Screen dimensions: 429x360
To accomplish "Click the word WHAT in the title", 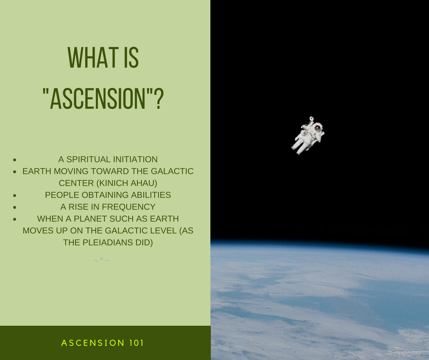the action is (x=93, y=58).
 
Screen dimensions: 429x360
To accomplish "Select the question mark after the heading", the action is (x=159, y=99).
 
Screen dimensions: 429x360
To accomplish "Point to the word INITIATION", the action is (x=135, y=159).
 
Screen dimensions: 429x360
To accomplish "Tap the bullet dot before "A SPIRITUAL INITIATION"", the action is (x=15, y=159).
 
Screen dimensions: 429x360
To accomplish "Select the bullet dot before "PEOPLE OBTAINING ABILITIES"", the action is (x=15, y=195).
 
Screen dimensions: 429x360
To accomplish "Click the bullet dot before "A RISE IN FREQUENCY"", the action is (x=15, y=207).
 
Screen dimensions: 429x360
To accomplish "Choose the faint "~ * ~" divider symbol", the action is (x=101, y=260).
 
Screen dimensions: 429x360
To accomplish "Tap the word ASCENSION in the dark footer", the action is (x=93, y=343).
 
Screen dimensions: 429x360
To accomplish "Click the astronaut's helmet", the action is (x=318, y=127).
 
